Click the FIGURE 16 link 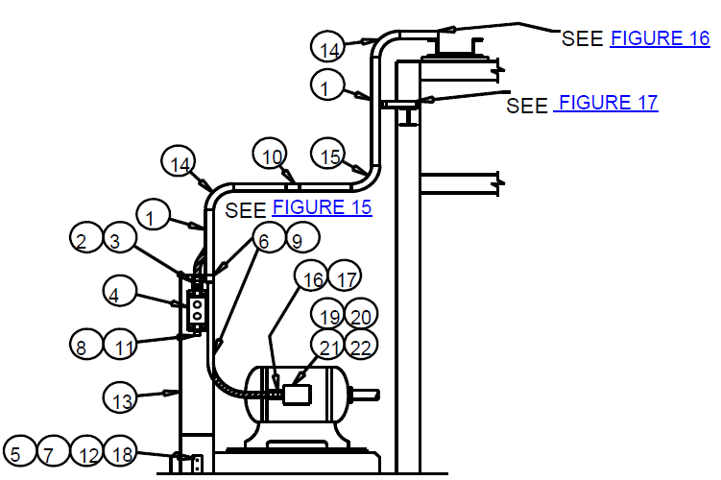(x=660, y=38)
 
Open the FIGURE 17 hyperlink (x=606, y=103)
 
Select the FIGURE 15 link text (x=322, y=207)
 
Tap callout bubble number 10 (x=270, y=154)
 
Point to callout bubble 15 (x=327, y=154)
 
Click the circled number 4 (x=120, y=291)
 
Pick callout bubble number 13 (x=120, y=397)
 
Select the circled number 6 (x=269, y=237)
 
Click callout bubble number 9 (x=302, y=237)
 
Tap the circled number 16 (x=311, y=276)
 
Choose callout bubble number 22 (x=361, y=345)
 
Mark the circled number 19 (x=327, y=314)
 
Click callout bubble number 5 (x=20, y=450)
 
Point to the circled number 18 (x=121, y=450)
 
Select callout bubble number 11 (x=120, y=345)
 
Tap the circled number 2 (x=86, y=237)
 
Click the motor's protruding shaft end (x=365, y=395)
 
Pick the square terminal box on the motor (x=297, y=395)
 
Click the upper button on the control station (x=197, y=305)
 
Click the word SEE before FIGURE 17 (x=527, y=106)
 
